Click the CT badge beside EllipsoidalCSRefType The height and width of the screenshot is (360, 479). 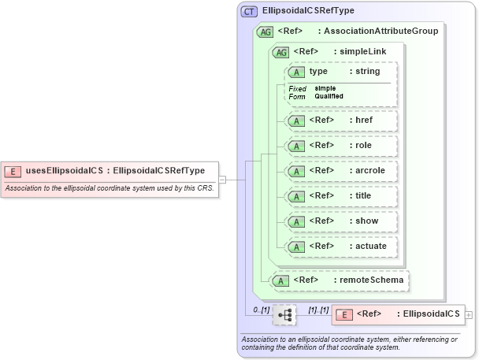(250, 11)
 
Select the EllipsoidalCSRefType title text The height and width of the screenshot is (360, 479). (308, 11)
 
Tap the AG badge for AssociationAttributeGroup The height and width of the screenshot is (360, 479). (265, 31)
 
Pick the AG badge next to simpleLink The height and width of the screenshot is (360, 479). (280, 52)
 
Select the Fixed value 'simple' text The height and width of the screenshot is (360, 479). (325, 87)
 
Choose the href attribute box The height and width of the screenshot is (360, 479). (340, 121)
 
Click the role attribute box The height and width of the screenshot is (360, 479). (340, 146)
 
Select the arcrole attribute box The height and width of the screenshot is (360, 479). (340, 171)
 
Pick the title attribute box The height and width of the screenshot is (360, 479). (340, 196)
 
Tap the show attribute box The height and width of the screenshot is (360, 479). (340, 221)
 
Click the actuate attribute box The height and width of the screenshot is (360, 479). (340, 247)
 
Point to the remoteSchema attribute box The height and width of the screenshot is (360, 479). (340, 280)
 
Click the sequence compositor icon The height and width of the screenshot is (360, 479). (284, 314)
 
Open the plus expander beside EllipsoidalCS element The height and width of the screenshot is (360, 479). (470, 314)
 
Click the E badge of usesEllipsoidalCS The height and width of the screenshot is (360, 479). (13, 171)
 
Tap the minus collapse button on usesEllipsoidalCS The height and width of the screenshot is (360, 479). (223, 179)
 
